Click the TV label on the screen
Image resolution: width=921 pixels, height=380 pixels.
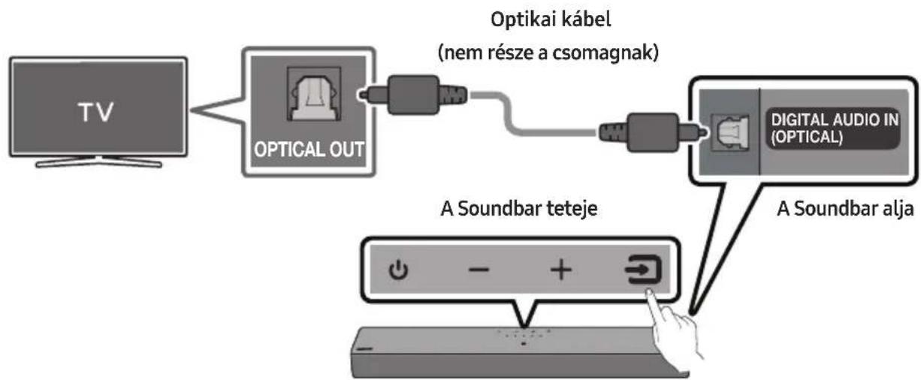click(96, 112)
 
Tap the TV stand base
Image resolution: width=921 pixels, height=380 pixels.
click(98, 162)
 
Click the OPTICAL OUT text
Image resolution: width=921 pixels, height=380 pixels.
click(309, 149)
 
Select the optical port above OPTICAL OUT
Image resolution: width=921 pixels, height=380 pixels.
click(314, 94)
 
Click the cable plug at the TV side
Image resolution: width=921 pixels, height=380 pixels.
click(412, 95)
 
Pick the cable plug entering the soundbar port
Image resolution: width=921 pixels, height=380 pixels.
click(653, 132)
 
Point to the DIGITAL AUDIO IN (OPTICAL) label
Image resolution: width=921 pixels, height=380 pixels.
click(834, 128)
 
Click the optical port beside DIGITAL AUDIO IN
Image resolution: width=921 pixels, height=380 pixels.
click(730, 132)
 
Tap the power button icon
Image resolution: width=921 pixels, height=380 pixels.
click(398, 270)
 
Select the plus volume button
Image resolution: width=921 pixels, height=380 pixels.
click(561, 270)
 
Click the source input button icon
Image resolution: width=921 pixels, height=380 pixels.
click(644, 269)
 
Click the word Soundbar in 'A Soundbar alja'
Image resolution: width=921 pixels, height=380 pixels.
click(837, 209)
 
